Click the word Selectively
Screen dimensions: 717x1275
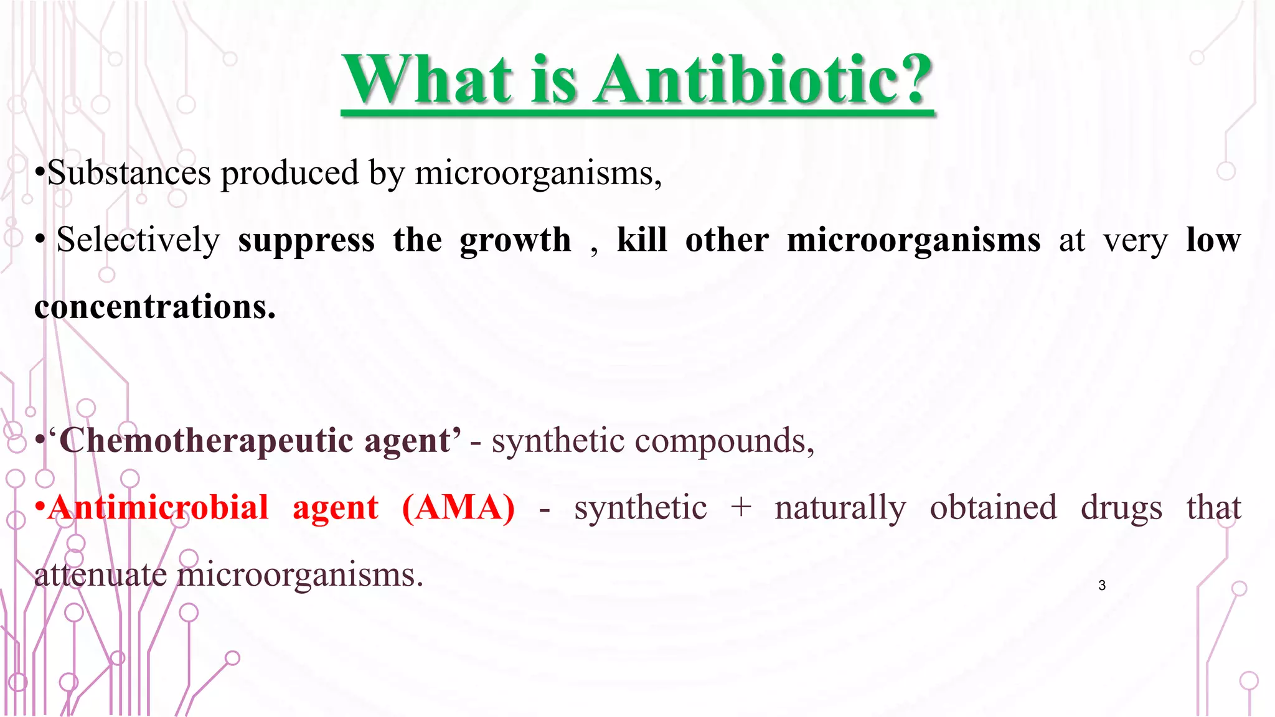138,240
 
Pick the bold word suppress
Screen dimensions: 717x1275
306,241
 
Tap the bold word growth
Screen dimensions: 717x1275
515,240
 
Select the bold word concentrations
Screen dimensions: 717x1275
155,307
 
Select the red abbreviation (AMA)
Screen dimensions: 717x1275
458,508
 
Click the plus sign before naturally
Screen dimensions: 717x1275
741,508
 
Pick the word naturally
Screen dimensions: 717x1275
840,508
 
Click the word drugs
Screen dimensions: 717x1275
1121,508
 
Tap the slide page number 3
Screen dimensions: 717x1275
1102,585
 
